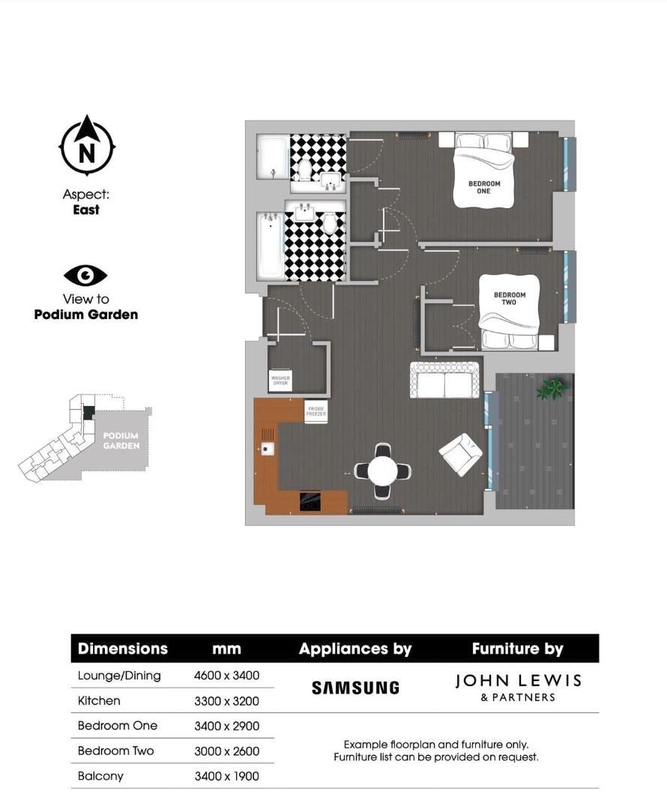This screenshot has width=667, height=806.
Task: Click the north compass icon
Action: [87, 147]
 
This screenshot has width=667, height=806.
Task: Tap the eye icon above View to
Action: [85, 276]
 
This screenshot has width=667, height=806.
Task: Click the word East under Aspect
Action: [86, 210]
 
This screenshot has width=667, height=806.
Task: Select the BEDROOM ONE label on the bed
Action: [484, 187]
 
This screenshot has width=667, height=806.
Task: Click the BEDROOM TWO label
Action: [510, 298]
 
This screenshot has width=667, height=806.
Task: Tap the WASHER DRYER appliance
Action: [280, 381]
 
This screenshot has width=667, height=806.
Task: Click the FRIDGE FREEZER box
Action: [316, 411]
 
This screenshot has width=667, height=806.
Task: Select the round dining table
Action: [383, 471]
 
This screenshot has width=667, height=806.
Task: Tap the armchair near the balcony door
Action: [459, 454]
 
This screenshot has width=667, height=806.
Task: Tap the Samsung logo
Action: [355, 688]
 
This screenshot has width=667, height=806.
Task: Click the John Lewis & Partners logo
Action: [518, 686]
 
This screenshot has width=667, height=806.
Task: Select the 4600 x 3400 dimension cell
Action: [226, 676]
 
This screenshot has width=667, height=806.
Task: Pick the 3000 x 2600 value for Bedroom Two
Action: [226, 751]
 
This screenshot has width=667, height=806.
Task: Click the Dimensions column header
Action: [123, 649]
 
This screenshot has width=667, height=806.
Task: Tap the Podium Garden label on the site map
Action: [121, 440]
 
